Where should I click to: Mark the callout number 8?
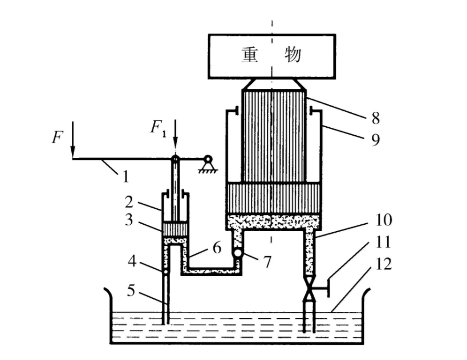click(x=375, y=119)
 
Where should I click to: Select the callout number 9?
click(x=375, y=139)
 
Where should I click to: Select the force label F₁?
click(x=159, y=127)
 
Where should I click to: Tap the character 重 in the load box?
click(x=249, y=55)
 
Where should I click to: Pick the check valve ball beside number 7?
click(x=237, y=253)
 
